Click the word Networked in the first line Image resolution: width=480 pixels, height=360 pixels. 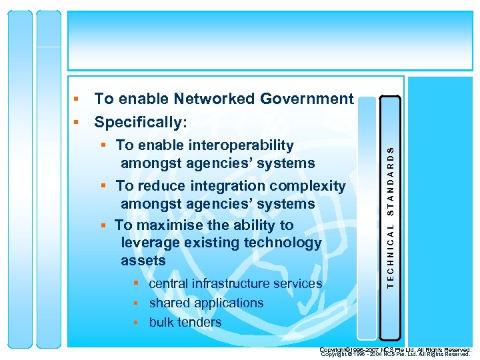214,99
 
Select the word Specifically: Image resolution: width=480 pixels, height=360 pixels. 141,123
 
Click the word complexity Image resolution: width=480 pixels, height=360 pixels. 313,186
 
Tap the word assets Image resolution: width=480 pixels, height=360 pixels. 143,260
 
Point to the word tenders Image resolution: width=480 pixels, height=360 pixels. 199,323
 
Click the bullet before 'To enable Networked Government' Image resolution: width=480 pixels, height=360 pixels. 77,99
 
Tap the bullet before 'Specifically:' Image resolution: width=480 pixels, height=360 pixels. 77,123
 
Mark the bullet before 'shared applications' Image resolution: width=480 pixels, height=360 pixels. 135,303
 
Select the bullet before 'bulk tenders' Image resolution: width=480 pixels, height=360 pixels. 135,323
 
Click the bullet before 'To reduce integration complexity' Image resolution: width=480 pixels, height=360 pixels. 105,186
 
